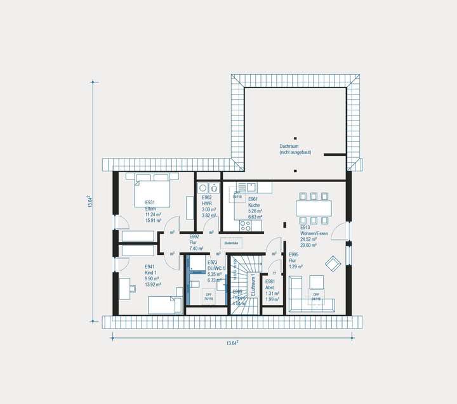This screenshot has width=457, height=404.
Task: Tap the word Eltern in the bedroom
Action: pos(151,208)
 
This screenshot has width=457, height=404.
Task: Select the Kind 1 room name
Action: pos(151,272)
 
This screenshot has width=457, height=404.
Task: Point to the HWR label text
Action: pos(207,204)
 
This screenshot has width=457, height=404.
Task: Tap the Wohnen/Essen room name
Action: pos(314,234)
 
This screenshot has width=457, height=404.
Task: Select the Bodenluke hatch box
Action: pos(232,242)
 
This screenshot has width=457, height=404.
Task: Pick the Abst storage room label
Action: pos(270,286)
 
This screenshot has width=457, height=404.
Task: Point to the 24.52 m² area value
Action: pos(309,240)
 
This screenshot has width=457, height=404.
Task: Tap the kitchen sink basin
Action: pos(252,186)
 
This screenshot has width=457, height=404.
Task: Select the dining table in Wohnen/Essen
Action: pos(314,207)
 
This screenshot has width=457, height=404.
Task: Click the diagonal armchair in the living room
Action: pos(333,262)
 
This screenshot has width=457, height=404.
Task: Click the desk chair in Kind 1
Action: pos(132,289)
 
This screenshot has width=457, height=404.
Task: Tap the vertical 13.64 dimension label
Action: pos(90,202)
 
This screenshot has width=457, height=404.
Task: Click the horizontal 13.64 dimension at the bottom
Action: pos(232,343)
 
